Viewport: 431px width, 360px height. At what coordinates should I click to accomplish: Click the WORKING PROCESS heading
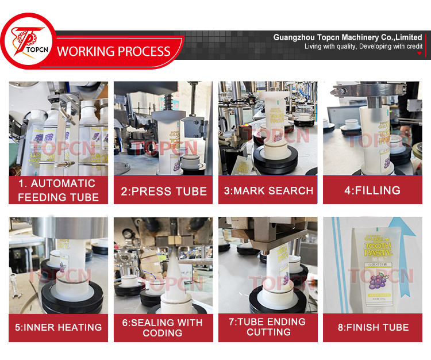coord(114,51)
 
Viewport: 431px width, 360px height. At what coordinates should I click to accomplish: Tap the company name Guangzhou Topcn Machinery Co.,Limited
coord(347,37)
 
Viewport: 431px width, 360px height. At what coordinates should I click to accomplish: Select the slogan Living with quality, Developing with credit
coord(363,46)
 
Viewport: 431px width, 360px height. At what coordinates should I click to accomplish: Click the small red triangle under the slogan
coord(420,53)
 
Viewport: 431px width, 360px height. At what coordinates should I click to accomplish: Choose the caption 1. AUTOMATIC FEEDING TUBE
coord(58,190)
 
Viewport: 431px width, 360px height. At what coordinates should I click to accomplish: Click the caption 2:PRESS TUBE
coord(163,191)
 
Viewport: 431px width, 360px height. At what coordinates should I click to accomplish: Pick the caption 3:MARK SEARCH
coord(268,191)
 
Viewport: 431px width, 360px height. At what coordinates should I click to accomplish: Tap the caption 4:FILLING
coord(372,191)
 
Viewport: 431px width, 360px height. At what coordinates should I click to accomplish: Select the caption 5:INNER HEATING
coord(58,327)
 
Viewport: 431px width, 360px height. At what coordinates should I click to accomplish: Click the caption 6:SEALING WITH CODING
coord(163,327)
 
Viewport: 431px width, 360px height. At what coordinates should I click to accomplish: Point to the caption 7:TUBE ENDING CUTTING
coord(268,327)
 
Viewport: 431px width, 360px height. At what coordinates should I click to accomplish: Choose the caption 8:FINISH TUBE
coord(372,327)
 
